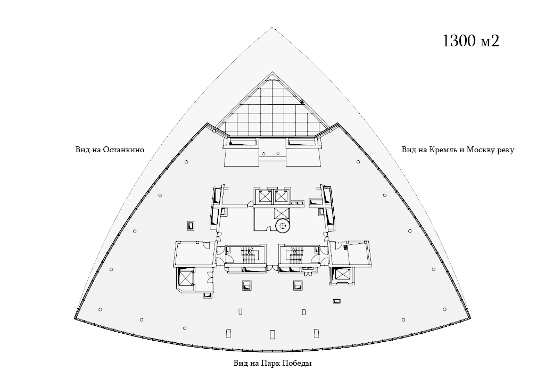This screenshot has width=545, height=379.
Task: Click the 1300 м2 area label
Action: tap(471, 40)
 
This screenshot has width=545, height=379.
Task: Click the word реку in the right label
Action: tap(506, 150)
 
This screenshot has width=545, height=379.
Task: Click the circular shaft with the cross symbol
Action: tap(283, 226)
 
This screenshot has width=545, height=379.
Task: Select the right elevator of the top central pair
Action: tap(280, 197)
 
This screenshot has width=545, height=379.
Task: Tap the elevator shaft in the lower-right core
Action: tap(341, 274)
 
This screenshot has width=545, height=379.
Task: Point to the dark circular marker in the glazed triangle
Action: tap(302, 102)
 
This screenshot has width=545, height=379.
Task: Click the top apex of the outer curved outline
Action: tap(272, 27)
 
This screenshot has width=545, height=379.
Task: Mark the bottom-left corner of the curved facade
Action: tap(75, 318)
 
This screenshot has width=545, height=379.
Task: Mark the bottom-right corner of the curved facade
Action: tap(470, 317)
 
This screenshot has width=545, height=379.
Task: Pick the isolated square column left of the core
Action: tap(191, 226)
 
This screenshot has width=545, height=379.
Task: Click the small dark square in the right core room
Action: tap(345, 248)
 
